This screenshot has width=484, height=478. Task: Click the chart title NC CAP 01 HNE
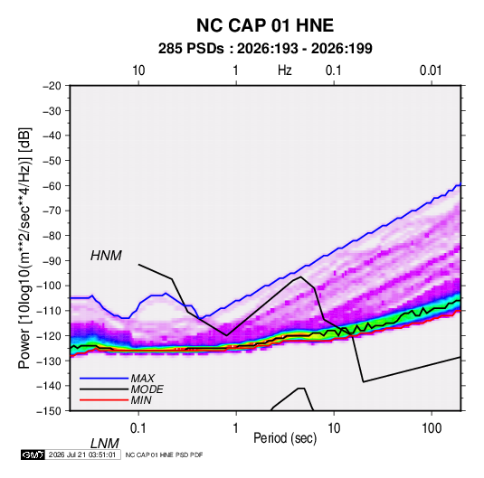coord(265,25)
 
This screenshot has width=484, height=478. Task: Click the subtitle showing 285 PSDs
coord(265,49)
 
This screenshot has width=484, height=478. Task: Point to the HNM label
coord(106,256)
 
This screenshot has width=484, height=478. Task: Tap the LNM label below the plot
coord(105,444)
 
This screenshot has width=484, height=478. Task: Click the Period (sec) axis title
coord(285,438)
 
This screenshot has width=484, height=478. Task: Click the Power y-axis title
coord(24,248)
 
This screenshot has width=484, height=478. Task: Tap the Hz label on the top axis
coord(285,70)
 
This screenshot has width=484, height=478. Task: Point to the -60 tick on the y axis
coord(52,185)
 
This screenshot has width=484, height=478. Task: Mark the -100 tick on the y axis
coord(50,286)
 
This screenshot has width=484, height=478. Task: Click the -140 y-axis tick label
coord(50,386)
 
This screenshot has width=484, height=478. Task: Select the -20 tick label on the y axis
coord(52,86)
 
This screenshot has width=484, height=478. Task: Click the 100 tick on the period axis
coord(432,428)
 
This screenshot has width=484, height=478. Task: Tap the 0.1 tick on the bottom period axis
coord(138,428)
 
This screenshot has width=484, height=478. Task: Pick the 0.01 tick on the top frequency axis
coord(431,70)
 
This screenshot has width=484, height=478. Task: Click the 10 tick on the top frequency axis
coord(138,70)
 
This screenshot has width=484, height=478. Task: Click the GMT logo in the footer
coord(33,455)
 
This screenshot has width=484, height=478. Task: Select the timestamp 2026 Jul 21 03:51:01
coord(82,455)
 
